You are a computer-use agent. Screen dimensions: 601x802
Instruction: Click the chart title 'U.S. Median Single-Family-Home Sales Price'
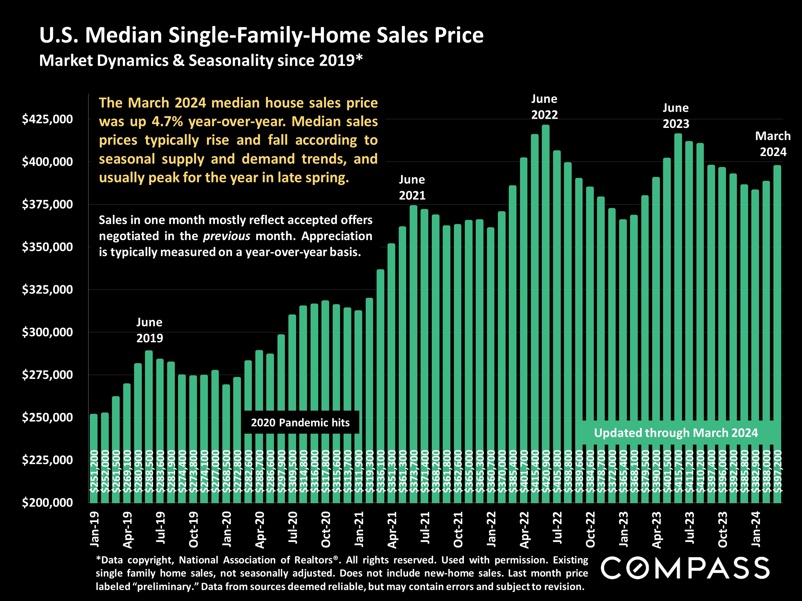click(x=261, y=36)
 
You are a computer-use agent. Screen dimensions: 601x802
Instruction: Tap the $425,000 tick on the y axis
click(x=47, y=119)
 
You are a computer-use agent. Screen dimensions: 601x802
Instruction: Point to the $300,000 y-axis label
click(x=47, y=332)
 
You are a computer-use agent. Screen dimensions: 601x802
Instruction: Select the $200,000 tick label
click(x=47, y=503)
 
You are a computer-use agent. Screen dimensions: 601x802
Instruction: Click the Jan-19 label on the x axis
click(x=94, y=529)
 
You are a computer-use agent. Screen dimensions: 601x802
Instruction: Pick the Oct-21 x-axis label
click(x=458, y=529)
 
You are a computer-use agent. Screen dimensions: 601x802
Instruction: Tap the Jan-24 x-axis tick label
click(x=755, y=529)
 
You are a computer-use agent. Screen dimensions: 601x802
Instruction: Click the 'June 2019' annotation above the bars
click(x=149, y=330)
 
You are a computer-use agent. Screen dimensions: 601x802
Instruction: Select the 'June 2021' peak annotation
click(x=412, y=187)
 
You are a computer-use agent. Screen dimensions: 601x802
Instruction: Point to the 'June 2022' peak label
click(x=544, y=106)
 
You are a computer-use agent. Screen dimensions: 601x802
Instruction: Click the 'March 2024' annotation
click(x=772, y=144)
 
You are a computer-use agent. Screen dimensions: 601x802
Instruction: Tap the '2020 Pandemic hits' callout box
click(x=300, y=422)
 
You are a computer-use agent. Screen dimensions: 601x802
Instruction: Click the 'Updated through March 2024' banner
click(x=676, y=432)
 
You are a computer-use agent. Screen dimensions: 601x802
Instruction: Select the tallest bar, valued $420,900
click(x=546, y=290)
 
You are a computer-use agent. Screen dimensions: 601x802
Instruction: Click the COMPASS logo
click(x=685, y=568)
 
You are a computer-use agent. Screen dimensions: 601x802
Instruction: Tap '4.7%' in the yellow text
click(x=167, y=121)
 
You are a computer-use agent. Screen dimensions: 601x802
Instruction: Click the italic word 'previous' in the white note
click(x=226, y=236)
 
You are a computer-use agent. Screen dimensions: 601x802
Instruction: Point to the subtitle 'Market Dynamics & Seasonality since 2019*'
click(x=201, y=61)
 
